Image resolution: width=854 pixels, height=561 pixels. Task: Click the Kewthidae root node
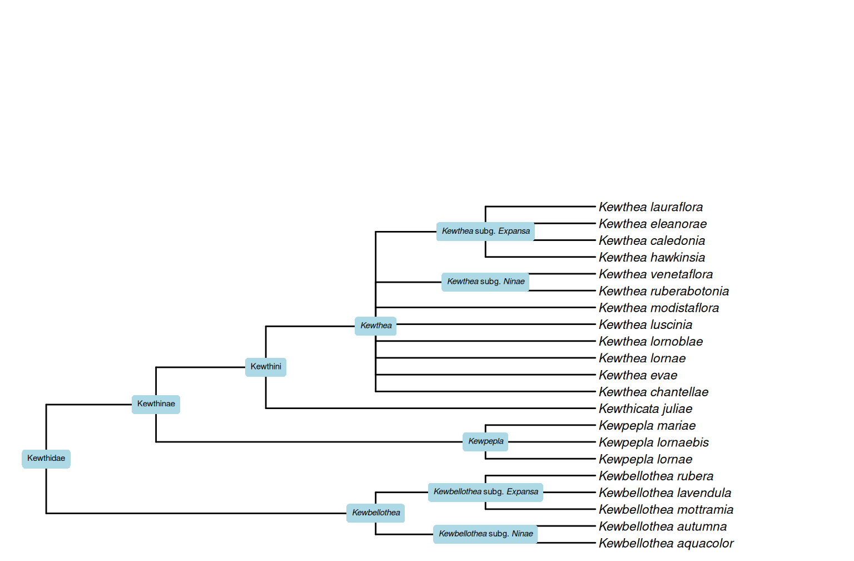click(46, 459)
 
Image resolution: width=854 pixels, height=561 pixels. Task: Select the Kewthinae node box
click(156, 404)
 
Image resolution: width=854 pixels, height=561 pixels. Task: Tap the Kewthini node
click(266, 367)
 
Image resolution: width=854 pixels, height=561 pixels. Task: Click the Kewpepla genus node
click(485, 441)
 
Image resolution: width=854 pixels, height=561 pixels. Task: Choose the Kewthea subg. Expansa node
click(485, 231)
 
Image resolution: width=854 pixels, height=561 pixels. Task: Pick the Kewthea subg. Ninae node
click(485, 282)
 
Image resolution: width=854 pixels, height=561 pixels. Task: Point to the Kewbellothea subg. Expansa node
click(485, 492)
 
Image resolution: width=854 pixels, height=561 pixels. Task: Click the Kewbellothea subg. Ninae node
click(485, 534)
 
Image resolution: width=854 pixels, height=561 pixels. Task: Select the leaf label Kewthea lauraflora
click(651, 207)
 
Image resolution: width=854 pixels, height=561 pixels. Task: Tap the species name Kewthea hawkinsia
click(652, 258)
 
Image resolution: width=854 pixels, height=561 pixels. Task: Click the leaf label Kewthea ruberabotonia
click(663, 291)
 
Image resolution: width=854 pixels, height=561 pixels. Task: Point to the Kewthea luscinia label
click(646, 325)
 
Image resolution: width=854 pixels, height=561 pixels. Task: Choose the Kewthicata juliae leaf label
click(646, 409)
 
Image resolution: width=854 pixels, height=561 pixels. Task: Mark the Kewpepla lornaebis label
click(653, 442)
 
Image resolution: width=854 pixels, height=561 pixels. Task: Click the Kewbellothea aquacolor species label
click(666, 543)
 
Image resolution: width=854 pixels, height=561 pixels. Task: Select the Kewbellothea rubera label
click(656, 476)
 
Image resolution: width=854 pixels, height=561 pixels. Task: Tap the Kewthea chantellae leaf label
click(653, 392)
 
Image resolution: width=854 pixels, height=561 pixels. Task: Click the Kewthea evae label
click(638, 376)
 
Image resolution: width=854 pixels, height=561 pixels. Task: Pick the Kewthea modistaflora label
click(658, 308)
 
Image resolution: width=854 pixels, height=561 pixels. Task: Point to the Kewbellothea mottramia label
click(666, 510)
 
